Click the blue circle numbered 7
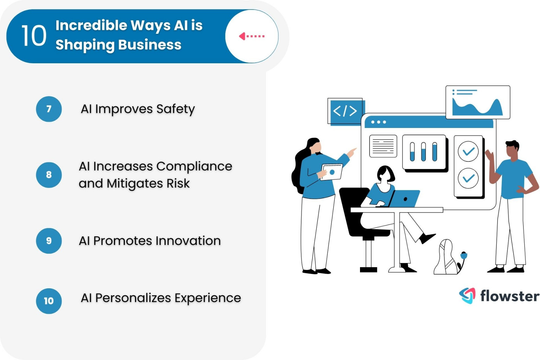(x=49, y=109)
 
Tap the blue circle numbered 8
(x=49, y=175)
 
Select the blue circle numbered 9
(x=49, y=241)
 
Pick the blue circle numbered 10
(x=49, y=301)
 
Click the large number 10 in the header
(x=34, y=36)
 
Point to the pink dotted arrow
(x=252, y=36)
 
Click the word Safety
(x=175, y=109)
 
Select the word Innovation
(x=188, y=241)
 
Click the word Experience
(x=208, y=298)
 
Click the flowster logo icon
(x=467, y=296)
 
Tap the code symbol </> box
(x=345, y=111)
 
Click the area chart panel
(x=478, y=102)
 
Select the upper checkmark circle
(x=468, y=152)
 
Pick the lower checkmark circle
(x=468, y=178)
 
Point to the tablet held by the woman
(x=332, y=172)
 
